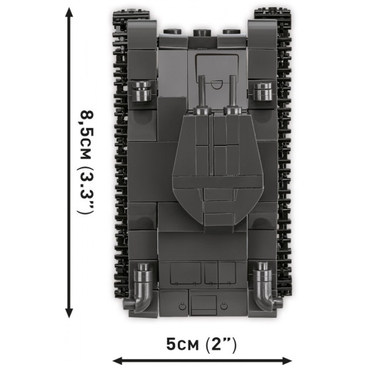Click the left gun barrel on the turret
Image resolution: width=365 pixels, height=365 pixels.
coord(200,93)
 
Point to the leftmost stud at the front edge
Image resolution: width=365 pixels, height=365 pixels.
coord(169,31)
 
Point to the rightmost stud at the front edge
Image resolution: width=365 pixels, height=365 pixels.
coord(231,31)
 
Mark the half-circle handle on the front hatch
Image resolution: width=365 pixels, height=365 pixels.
coord(216,84)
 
